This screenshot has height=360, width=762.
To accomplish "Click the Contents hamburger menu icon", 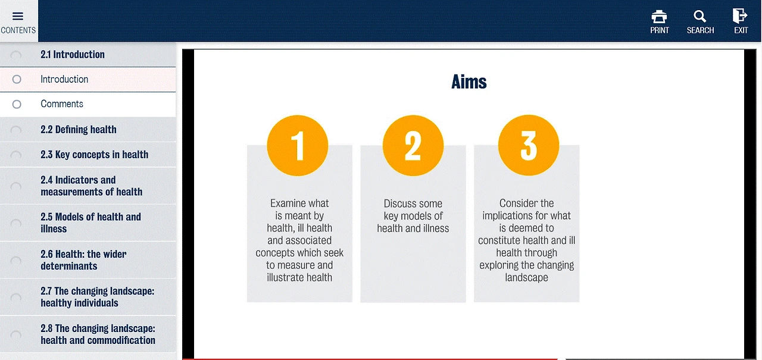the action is coord(18,16).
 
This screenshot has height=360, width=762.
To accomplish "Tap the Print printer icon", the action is coord(659,16).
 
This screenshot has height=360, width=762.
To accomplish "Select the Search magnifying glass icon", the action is coord(699,16).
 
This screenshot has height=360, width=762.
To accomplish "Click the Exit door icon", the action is coord(740,15).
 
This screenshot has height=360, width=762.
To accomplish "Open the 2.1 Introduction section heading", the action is coord(73,54).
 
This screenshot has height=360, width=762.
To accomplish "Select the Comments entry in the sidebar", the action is coord(62,104).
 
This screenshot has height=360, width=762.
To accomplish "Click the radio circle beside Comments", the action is coord(17,104).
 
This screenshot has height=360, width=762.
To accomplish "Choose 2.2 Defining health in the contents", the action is coord(78,130).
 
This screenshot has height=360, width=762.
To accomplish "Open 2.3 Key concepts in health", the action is coord(94,155).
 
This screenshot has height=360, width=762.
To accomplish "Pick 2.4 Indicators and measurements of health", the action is coord(91,186).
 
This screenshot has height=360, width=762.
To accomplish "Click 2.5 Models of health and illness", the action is coord(90,223).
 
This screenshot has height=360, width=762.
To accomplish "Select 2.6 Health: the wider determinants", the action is coord(83,259).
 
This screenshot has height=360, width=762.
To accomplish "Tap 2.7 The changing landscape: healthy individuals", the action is coord(97,297).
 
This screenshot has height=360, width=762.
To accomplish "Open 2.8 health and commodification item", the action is coord(98,334).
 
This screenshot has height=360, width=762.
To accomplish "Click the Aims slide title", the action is coord(469,82).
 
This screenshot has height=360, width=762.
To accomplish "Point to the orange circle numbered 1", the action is coord(297,146).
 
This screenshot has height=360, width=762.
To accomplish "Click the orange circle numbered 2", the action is coord(413,146).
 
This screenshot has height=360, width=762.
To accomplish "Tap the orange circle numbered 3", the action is coord(529,146).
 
